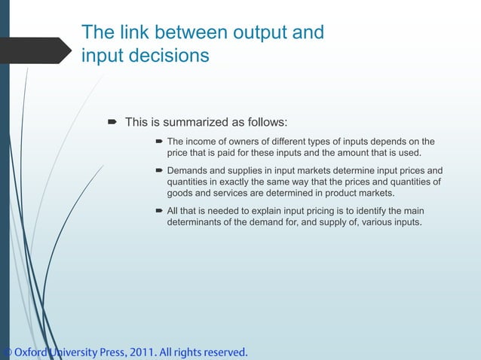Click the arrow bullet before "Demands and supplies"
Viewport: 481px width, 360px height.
(159, 170)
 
